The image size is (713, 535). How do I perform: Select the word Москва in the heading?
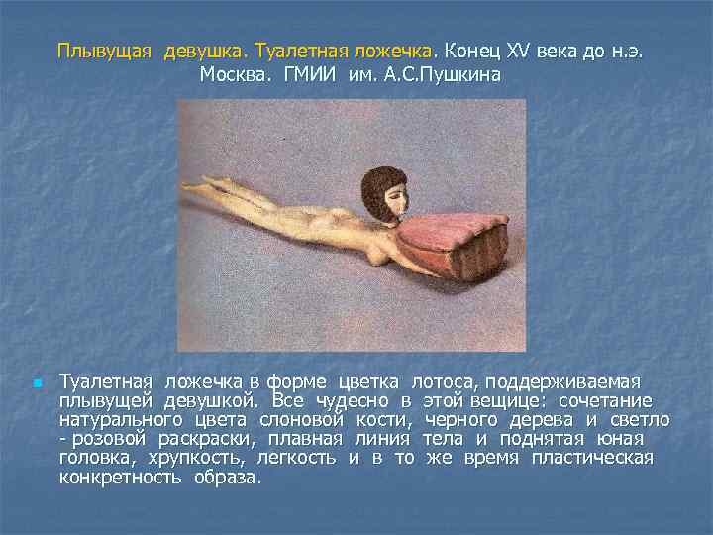click(x=233, y=75)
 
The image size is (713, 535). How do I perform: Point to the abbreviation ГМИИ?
click(x=311, y=75)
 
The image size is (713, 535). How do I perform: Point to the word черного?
click(x=458, y=419)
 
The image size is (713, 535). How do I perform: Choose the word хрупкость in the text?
click(x=194, y=457)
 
